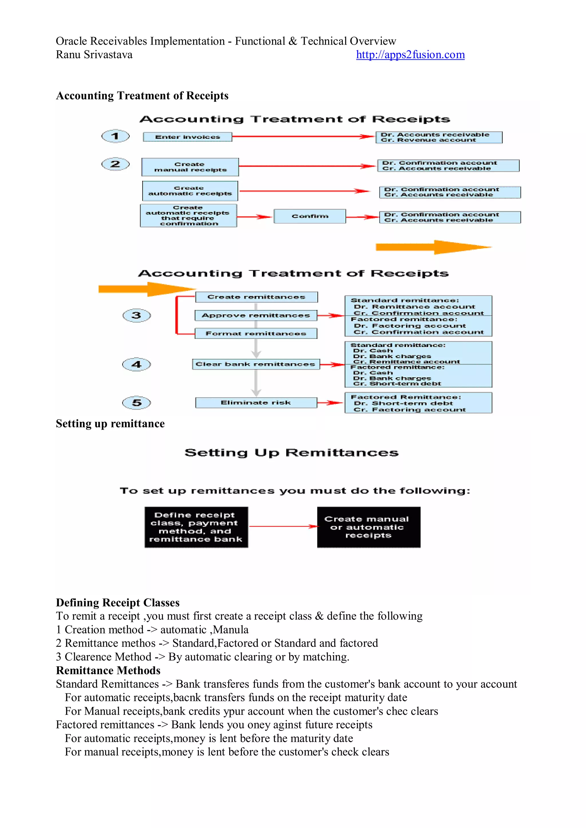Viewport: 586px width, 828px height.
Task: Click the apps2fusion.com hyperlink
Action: pyautogui.click(x=410, y=55)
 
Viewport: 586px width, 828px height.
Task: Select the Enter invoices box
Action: pyautogui.click(x=187, y=137)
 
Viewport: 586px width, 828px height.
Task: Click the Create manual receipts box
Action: pyautogui.click(x=190, y=167)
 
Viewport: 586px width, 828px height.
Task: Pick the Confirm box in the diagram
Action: pyautogui.click(x=310, y=217)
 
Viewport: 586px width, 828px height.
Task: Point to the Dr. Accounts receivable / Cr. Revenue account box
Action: pyautogui.click(x=439, y=137)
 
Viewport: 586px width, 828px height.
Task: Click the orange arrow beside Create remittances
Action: pyautogui.click(x=146, y=289)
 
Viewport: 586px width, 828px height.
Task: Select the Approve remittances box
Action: pyautogui.click(x=256, y=315)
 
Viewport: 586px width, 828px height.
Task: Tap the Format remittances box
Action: pyautogui.click(x=256, y=333)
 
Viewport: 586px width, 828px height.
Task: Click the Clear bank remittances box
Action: pyautogui.click(x=256, y=364)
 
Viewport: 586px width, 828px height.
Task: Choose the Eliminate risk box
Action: pyautogui.click(x=256, y=403)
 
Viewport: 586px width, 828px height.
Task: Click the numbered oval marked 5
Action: pyautogui.click(x=136, y=403)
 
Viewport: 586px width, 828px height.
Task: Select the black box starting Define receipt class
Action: pyautogui.click(x=196, y=527)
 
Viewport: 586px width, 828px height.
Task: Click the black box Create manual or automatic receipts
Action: pyautogui.click(x=369, y=527)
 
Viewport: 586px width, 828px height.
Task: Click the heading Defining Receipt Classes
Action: pyautogui.click(x=118, y=603)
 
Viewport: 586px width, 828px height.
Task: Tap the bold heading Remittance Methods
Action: pyautogui.click(x=108, y=670)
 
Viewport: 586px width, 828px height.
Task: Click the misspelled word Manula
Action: pyautogui.click(x=231, y=630)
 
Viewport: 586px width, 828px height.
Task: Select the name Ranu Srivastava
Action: pyautogui.click(x=94, y=55)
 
